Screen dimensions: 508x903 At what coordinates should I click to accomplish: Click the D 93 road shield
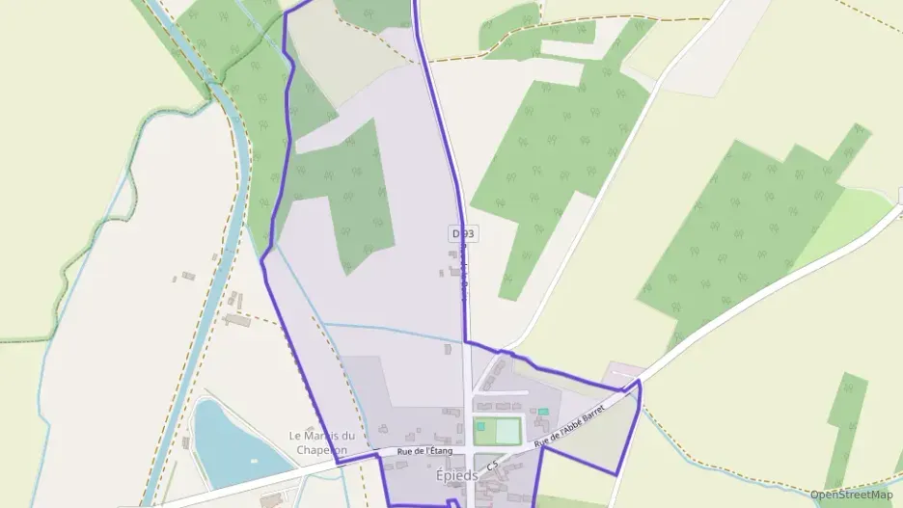(463, 234)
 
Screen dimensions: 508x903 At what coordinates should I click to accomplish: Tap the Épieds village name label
(456, 475)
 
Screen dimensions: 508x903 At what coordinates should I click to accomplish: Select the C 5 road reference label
(494, 467)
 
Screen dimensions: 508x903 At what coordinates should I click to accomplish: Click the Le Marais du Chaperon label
(322, 442)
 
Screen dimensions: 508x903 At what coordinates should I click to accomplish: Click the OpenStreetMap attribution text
(851, 495)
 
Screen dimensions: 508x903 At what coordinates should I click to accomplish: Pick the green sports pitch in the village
(498, 430)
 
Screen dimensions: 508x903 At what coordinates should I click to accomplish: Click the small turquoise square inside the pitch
(480, 426)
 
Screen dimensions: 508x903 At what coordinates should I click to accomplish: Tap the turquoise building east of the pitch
(543, 412)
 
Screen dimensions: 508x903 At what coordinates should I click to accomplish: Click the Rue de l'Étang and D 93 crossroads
(469, 450)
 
